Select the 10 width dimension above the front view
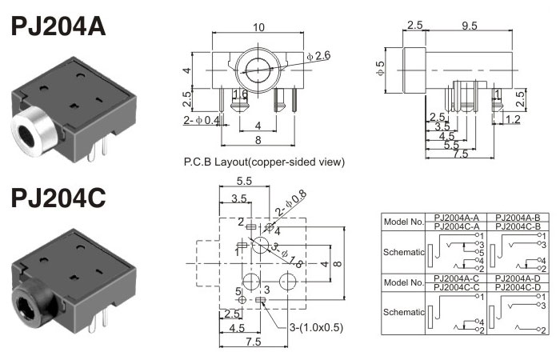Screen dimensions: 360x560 (x=258, y=27)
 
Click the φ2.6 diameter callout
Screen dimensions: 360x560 (x=318, y=55)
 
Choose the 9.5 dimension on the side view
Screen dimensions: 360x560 (x=470, y=26)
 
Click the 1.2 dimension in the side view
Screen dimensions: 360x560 (x=513, y=120)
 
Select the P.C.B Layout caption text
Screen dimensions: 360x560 (x=264, y=162)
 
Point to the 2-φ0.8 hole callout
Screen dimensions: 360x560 (x=290, y=201)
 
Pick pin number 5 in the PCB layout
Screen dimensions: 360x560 (x=238, y=290)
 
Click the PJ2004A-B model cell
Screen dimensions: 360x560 (x=518, y=218)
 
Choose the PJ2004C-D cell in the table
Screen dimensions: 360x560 (x=518, y=286)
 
